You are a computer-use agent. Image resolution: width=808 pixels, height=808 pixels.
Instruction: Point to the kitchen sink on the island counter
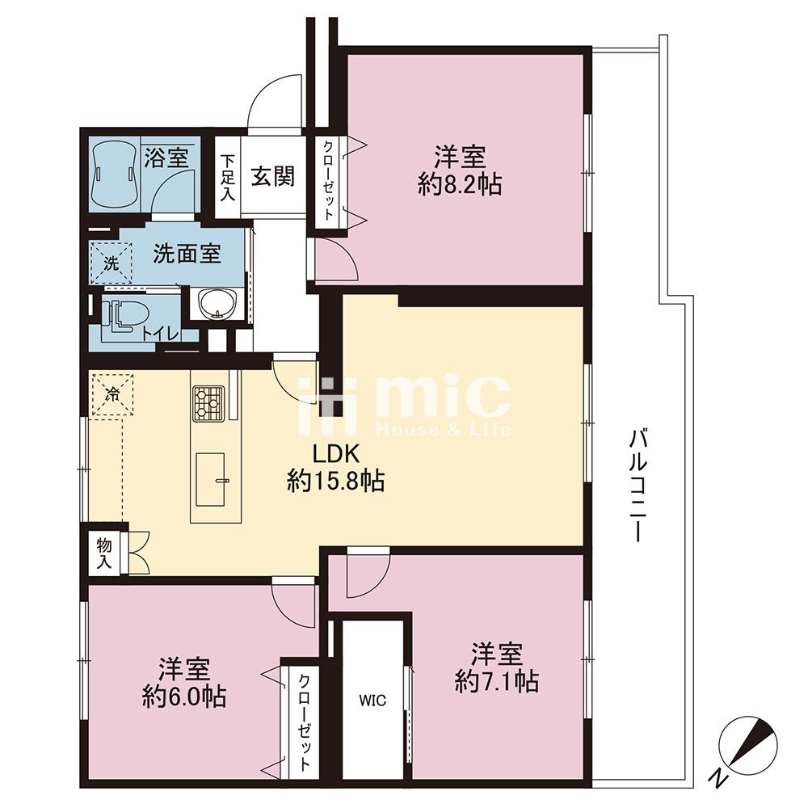point(213,478)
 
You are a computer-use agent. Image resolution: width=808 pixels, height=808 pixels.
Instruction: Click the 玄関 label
point(271,176)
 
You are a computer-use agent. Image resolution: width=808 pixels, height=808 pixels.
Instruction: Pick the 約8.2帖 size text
point(460,186)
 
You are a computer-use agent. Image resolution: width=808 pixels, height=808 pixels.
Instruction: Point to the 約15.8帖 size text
point(335,482)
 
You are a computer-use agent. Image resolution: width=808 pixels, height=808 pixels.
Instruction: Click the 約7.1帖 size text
point(497,682)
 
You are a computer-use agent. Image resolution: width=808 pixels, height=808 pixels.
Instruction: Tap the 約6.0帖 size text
point(183,694)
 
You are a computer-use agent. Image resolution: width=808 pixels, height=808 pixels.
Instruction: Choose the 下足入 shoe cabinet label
point(228,177)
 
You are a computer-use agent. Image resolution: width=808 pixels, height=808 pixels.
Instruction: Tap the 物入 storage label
point(103,552)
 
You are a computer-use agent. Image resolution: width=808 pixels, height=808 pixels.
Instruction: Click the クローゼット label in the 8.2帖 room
point(328,179)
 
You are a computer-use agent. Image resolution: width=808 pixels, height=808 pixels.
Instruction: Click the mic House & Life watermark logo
point(404,404)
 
